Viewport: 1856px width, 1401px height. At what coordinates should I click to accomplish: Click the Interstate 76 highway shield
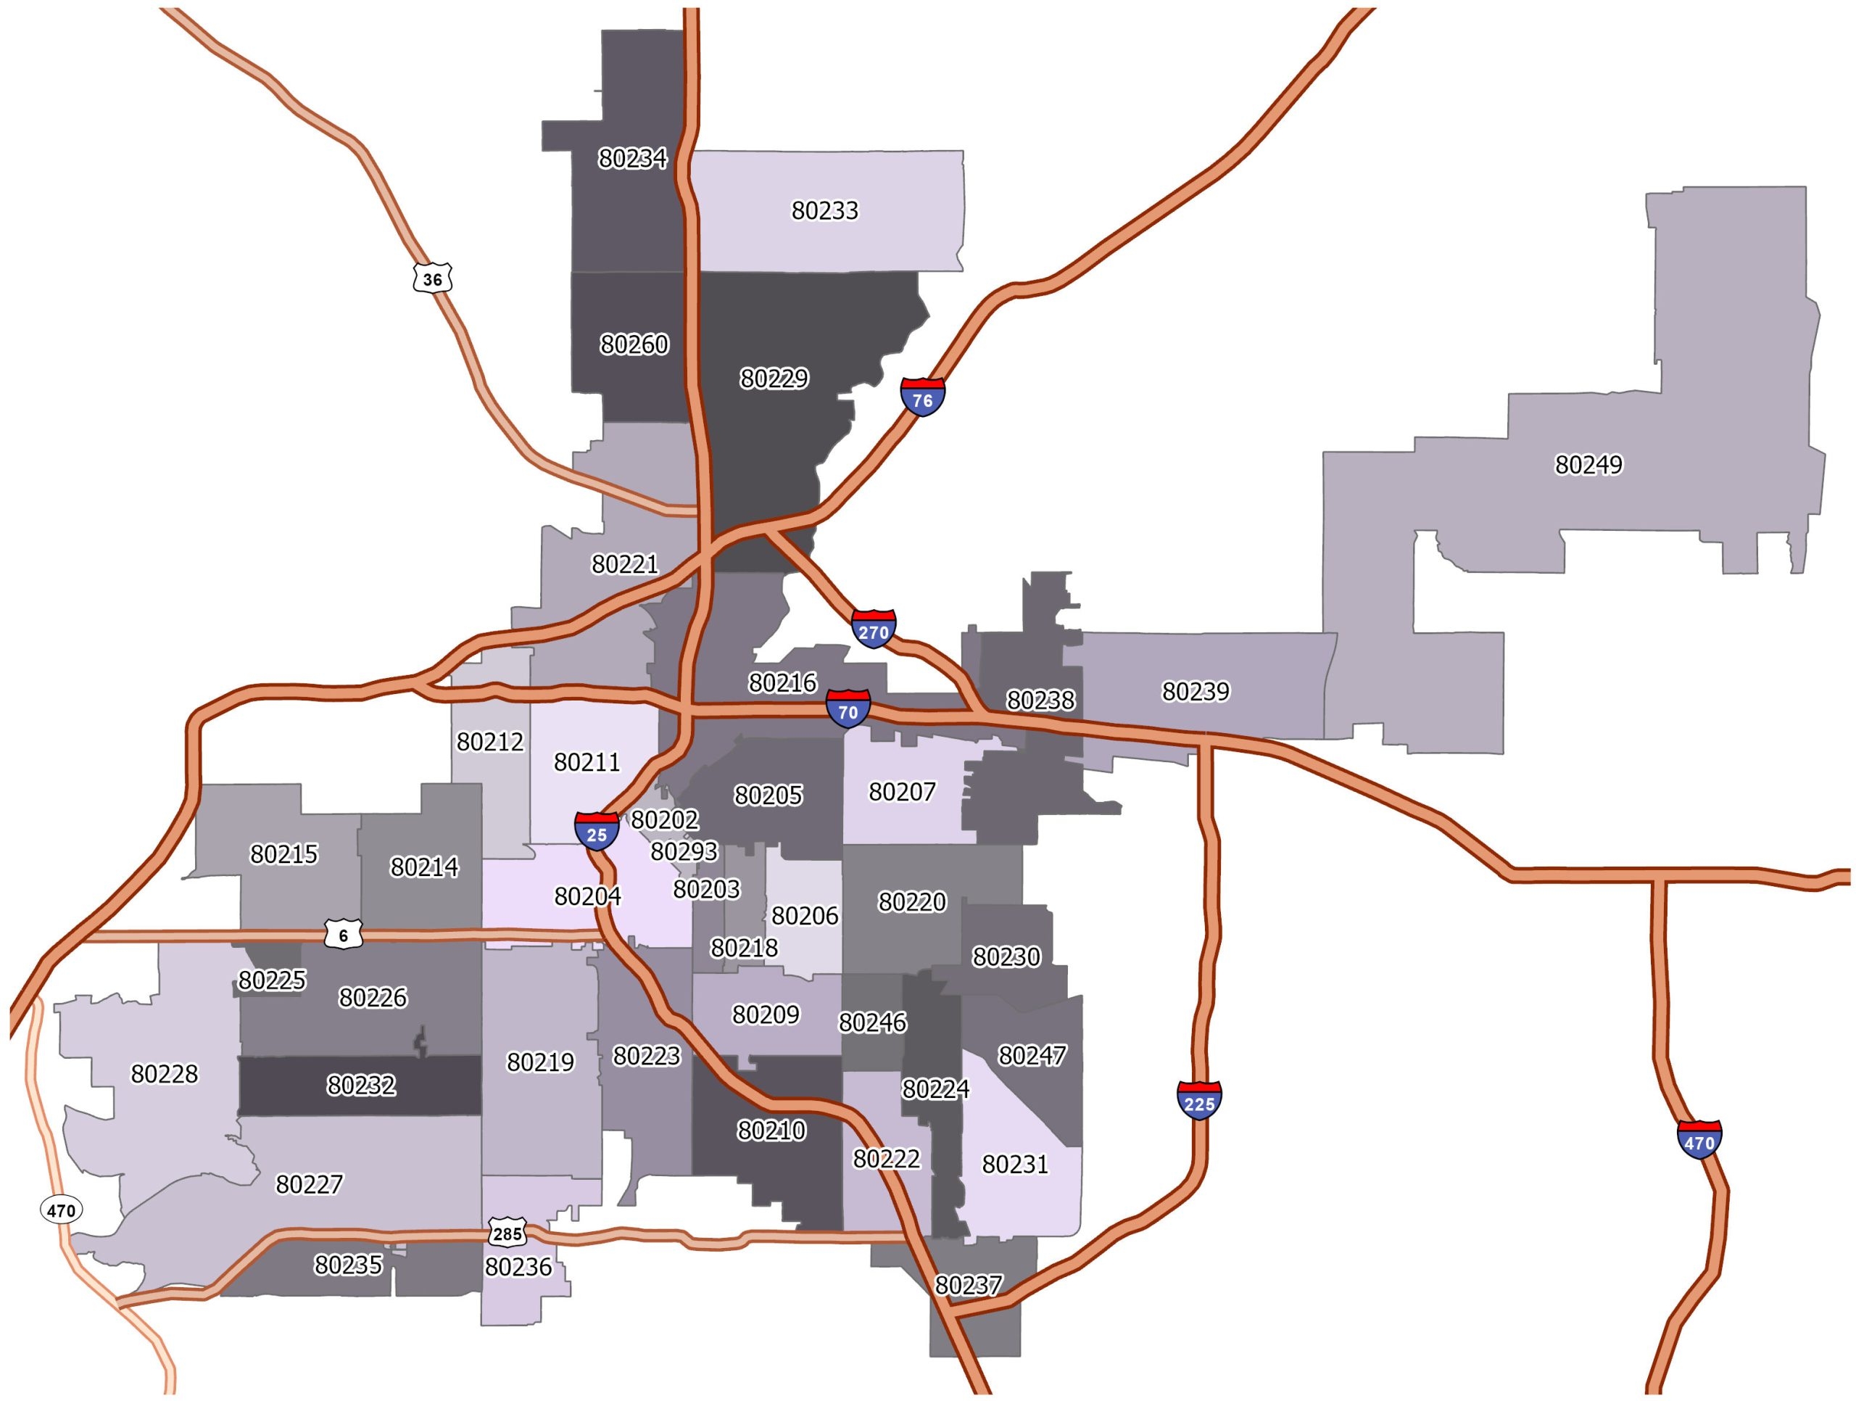point(922,398)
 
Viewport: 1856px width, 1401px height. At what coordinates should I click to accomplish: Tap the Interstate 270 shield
point(873,629)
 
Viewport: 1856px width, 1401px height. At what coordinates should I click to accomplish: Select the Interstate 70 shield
point(848,710)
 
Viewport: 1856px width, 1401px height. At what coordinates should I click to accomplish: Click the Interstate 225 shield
point(1199,1102)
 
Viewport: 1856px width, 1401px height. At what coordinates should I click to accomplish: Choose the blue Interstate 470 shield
point(1699,1141)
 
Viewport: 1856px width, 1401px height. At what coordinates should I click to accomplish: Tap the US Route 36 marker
point(432,278)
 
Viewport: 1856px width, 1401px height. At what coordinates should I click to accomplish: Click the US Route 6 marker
point(343,935)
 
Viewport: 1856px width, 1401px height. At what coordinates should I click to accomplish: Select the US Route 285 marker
point(507,1233)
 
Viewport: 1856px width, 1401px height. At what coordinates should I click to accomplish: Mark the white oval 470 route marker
point(60,1210)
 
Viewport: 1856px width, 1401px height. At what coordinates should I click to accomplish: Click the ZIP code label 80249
point(1588,464)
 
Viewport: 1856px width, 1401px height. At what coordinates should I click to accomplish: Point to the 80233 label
point(825,210)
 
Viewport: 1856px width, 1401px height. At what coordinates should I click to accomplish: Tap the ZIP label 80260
point(634,344)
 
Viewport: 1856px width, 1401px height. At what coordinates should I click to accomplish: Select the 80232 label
point(361,1085)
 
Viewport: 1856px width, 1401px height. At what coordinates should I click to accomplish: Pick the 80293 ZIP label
point(684,851)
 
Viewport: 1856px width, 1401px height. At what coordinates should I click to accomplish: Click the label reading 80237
point(969,1285)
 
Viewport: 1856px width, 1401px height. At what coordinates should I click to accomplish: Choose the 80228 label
point(165,1074)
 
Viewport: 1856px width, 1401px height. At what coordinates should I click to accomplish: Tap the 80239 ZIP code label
point(1195,691)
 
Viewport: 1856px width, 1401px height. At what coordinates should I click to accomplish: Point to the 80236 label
point(518,1266)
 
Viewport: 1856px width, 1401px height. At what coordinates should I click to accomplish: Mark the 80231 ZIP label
point(1014,1165)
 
